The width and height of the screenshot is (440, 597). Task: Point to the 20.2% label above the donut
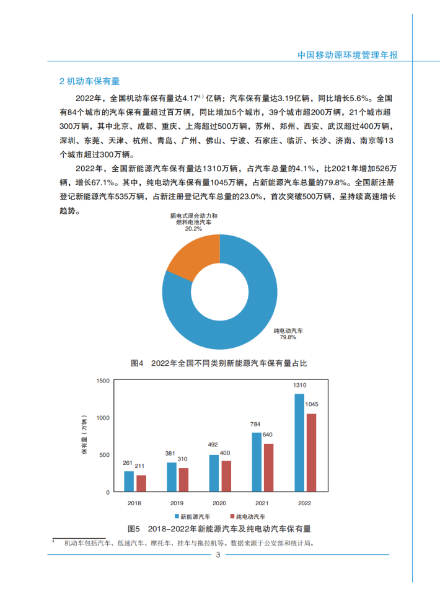coord(194,228)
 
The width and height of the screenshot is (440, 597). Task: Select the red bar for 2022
coord(311,453)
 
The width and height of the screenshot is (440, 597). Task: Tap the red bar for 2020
coord(226,476)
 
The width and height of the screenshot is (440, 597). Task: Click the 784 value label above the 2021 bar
coord(256,424)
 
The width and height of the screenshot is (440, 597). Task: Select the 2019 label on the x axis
coord(177,502)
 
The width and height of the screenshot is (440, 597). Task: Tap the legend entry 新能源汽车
coord(194,516)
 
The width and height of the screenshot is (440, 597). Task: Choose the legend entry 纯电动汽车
coord(249,516)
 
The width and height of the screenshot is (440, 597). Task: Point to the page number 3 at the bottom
coord(218,555)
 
